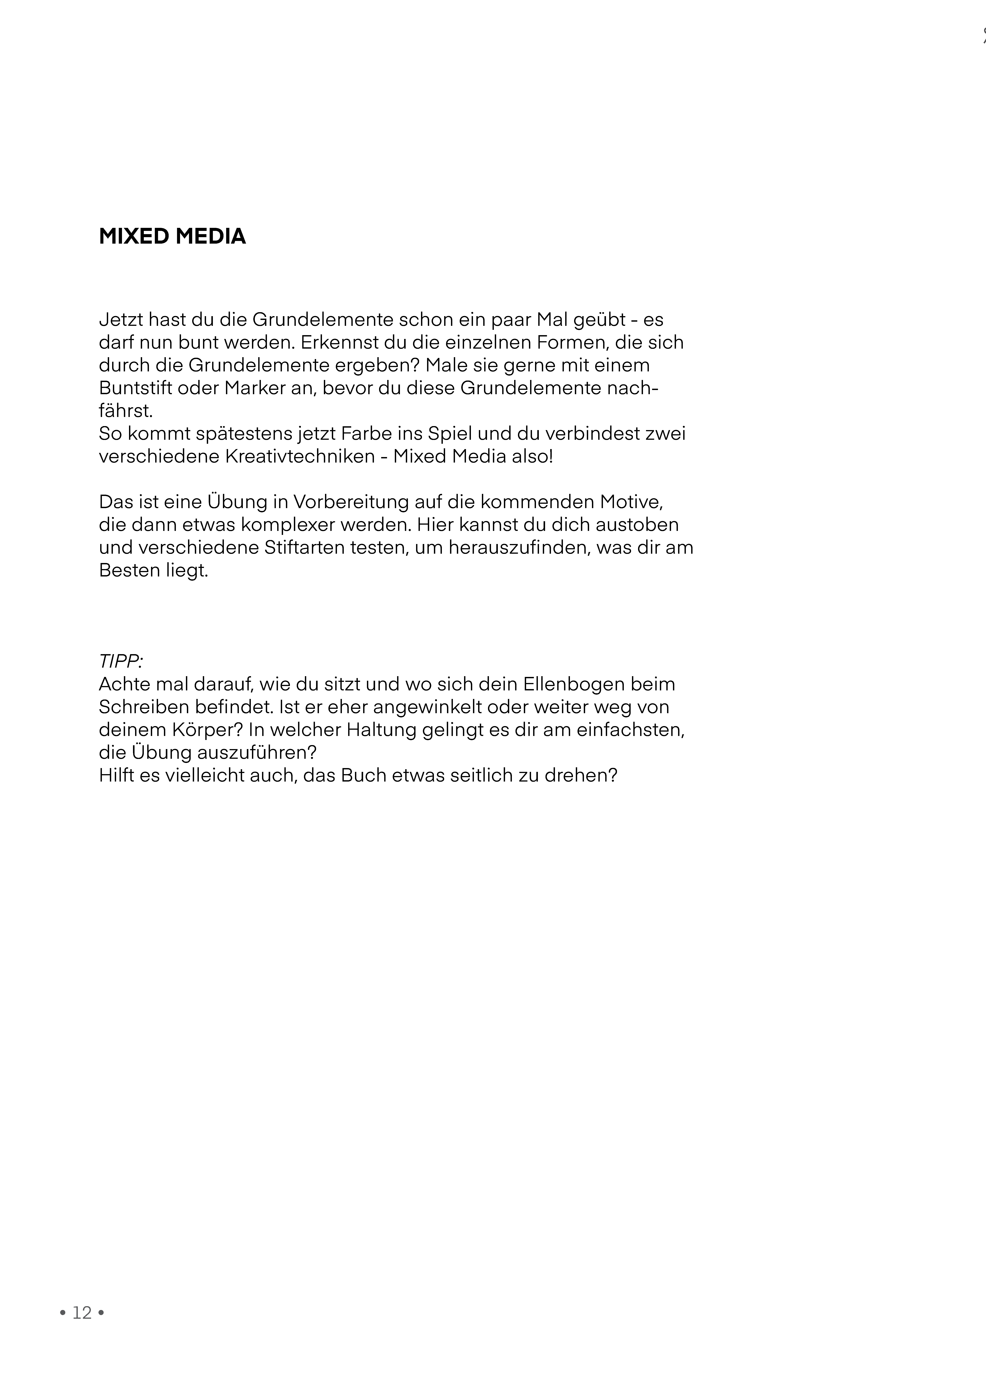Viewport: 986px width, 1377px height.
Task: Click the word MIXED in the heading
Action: [x=134, y=236]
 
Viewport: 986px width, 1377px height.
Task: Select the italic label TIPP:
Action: [x=120, y=661]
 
